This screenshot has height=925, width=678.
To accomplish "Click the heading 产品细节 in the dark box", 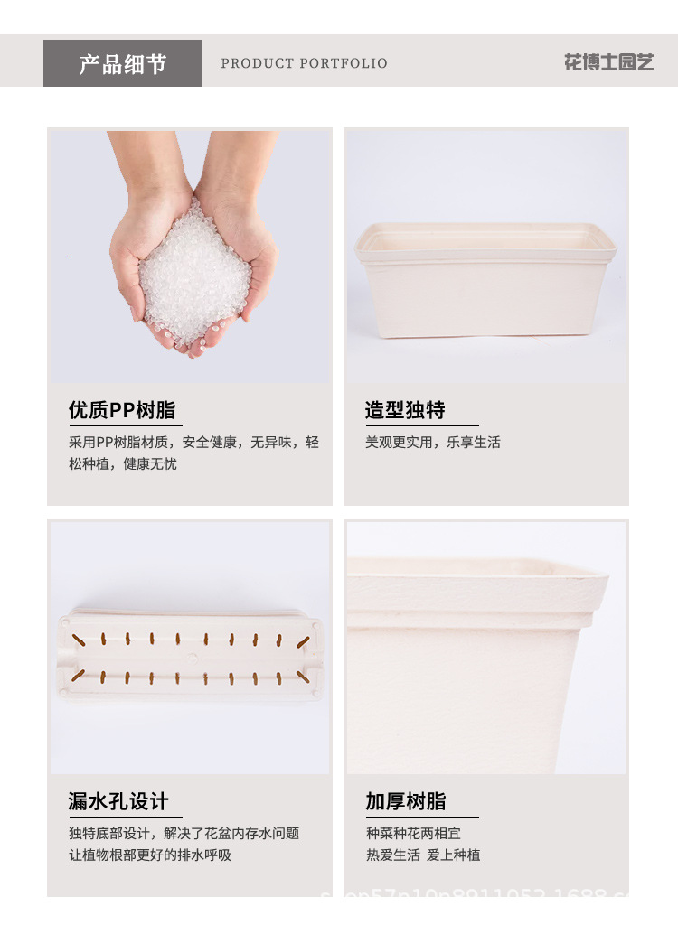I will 123,64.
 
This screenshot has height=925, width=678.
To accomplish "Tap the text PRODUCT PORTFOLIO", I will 304,63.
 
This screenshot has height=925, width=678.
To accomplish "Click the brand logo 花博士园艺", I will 608,62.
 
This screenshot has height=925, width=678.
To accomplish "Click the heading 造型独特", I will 405,410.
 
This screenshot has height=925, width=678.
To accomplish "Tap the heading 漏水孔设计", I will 118,801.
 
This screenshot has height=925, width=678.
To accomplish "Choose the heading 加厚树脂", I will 405,801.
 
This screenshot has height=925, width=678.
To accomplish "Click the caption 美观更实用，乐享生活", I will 432,443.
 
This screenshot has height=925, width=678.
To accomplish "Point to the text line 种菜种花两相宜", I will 413,833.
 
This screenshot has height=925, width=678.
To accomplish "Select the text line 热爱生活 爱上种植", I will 422,855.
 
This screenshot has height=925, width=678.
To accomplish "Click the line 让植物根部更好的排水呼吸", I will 150,855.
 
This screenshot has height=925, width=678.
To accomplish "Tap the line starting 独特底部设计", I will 184,833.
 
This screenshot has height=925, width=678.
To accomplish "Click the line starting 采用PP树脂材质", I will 193,443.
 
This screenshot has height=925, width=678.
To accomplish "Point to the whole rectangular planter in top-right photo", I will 485,280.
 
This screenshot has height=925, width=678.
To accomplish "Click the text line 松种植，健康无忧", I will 123,464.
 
